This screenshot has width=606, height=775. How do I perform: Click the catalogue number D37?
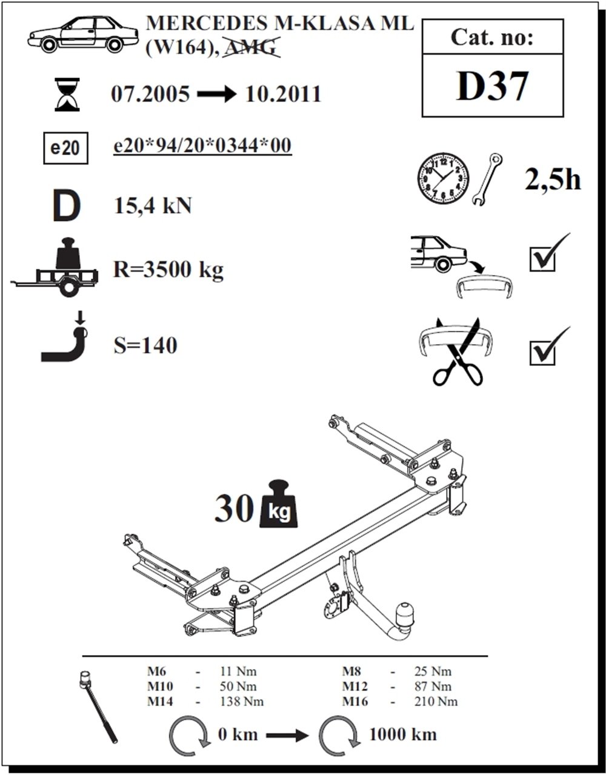click(x=492, y=86)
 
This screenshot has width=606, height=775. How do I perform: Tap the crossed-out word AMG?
click(x=251, y=47)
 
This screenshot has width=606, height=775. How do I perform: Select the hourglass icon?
click(x=67, y=95)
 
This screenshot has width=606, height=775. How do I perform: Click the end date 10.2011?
click(x=283, y=95)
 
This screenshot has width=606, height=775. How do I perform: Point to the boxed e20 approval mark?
click(x=65, y=148)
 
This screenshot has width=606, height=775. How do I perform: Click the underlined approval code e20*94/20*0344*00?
click(x=202, y=145)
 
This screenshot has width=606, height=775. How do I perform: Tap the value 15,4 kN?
click(x=152, y=206)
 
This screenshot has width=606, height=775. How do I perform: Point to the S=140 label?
click(x=145, y=345)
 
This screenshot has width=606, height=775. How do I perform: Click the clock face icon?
click(x=444, y=179)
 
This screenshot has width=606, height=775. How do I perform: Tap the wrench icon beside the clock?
click(x=487, y=179)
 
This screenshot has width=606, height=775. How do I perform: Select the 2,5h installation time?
click(x=552, y=180)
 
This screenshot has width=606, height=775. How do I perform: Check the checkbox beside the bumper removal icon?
click(x=542, y=259)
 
